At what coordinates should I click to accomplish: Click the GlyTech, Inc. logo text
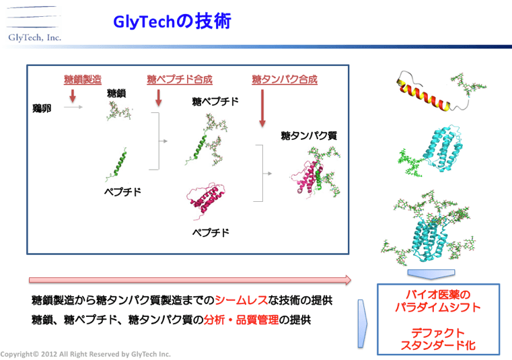(34, 38)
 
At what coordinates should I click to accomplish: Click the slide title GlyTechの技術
(172, 22)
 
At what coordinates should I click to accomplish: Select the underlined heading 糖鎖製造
(83, 79)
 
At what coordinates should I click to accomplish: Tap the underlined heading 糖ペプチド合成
(180, 79)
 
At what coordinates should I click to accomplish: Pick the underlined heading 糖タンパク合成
(285, 79)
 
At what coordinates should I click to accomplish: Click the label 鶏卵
(42, 108)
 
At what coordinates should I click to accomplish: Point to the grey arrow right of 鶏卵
(73, 107)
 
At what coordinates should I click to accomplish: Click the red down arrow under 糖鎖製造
(73, 96)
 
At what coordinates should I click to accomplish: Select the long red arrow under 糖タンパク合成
(262, 108)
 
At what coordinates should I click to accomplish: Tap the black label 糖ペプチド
(215, 102)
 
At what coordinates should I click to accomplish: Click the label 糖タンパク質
(309, 135)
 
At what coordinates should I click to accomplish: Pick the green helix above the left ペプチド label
(116, 164)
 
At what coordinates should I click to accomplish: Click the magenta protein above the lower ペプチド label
(206, 201)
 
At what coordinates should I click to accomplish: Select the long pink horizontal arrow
(190, 280)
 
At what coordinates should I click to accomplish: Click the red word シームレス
(242, 300)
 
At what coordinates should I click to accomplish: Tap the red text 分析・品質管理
(242, 320)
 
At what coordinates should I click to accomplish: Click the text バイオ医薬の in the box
(438, 294)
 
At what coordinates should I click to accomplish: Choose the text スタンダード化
(438, 345)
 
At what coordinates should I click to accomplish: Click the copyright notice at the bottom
(85, 354)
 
